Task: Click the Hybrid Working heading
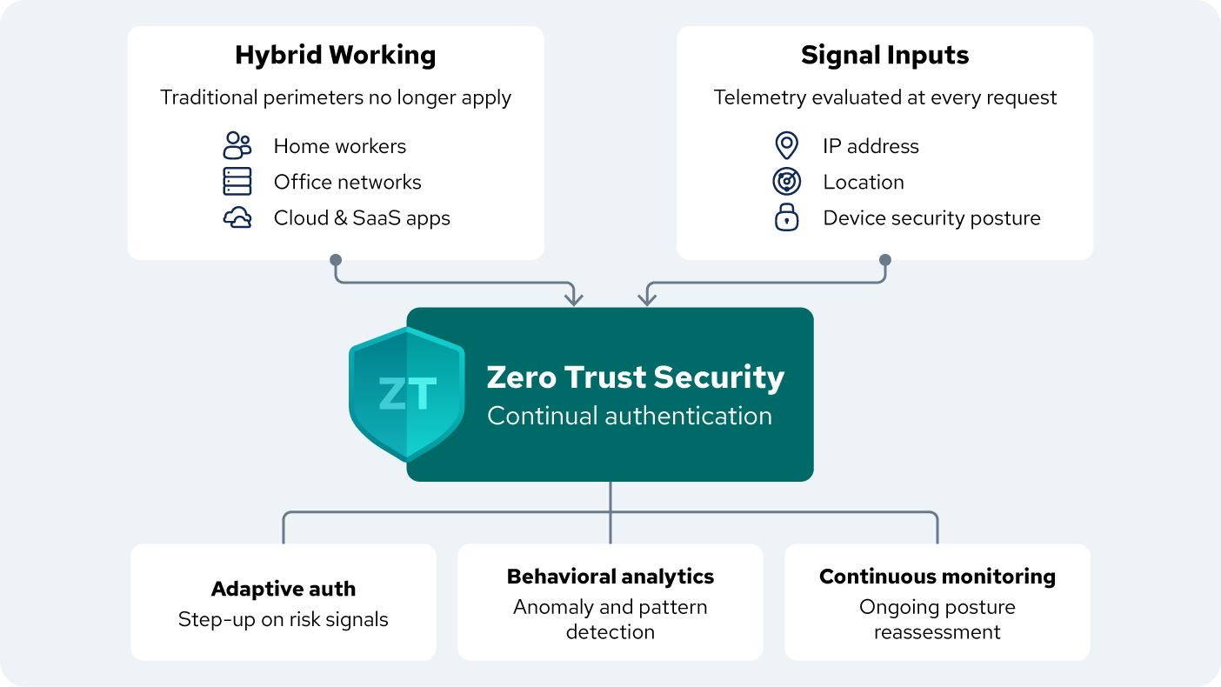(335, 56)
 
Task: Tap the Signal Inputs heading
(884, 56)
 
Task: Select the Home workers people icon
(237, 145)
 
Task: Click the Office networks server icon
(237, 181)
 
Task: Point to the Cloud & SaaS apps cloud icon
(237, 217)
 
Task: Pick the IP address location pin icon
(786, 145)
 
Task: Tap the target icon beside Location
(786, 181)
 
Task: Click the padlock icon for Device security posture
(786, 217)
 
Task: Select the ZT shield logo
(406, 394)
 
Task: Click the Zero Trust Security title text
(635, 377)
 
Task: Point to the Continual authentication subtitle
(629, 416)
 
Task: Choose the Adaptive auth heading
(284, 589)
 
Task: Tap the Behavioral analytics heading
(610, 577)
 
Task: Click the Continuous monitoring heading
(937, 577)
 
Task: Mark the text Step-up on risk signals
(284, 619)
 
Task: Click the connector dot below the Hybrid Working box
(336, 260)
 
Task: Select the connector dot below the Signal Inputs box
(885, 260)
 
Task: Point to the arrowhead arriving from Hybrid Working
(573, 300)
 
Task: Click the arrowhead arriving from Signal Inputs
(646, 300)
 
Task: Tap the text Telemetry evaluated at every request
(884, 97)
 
